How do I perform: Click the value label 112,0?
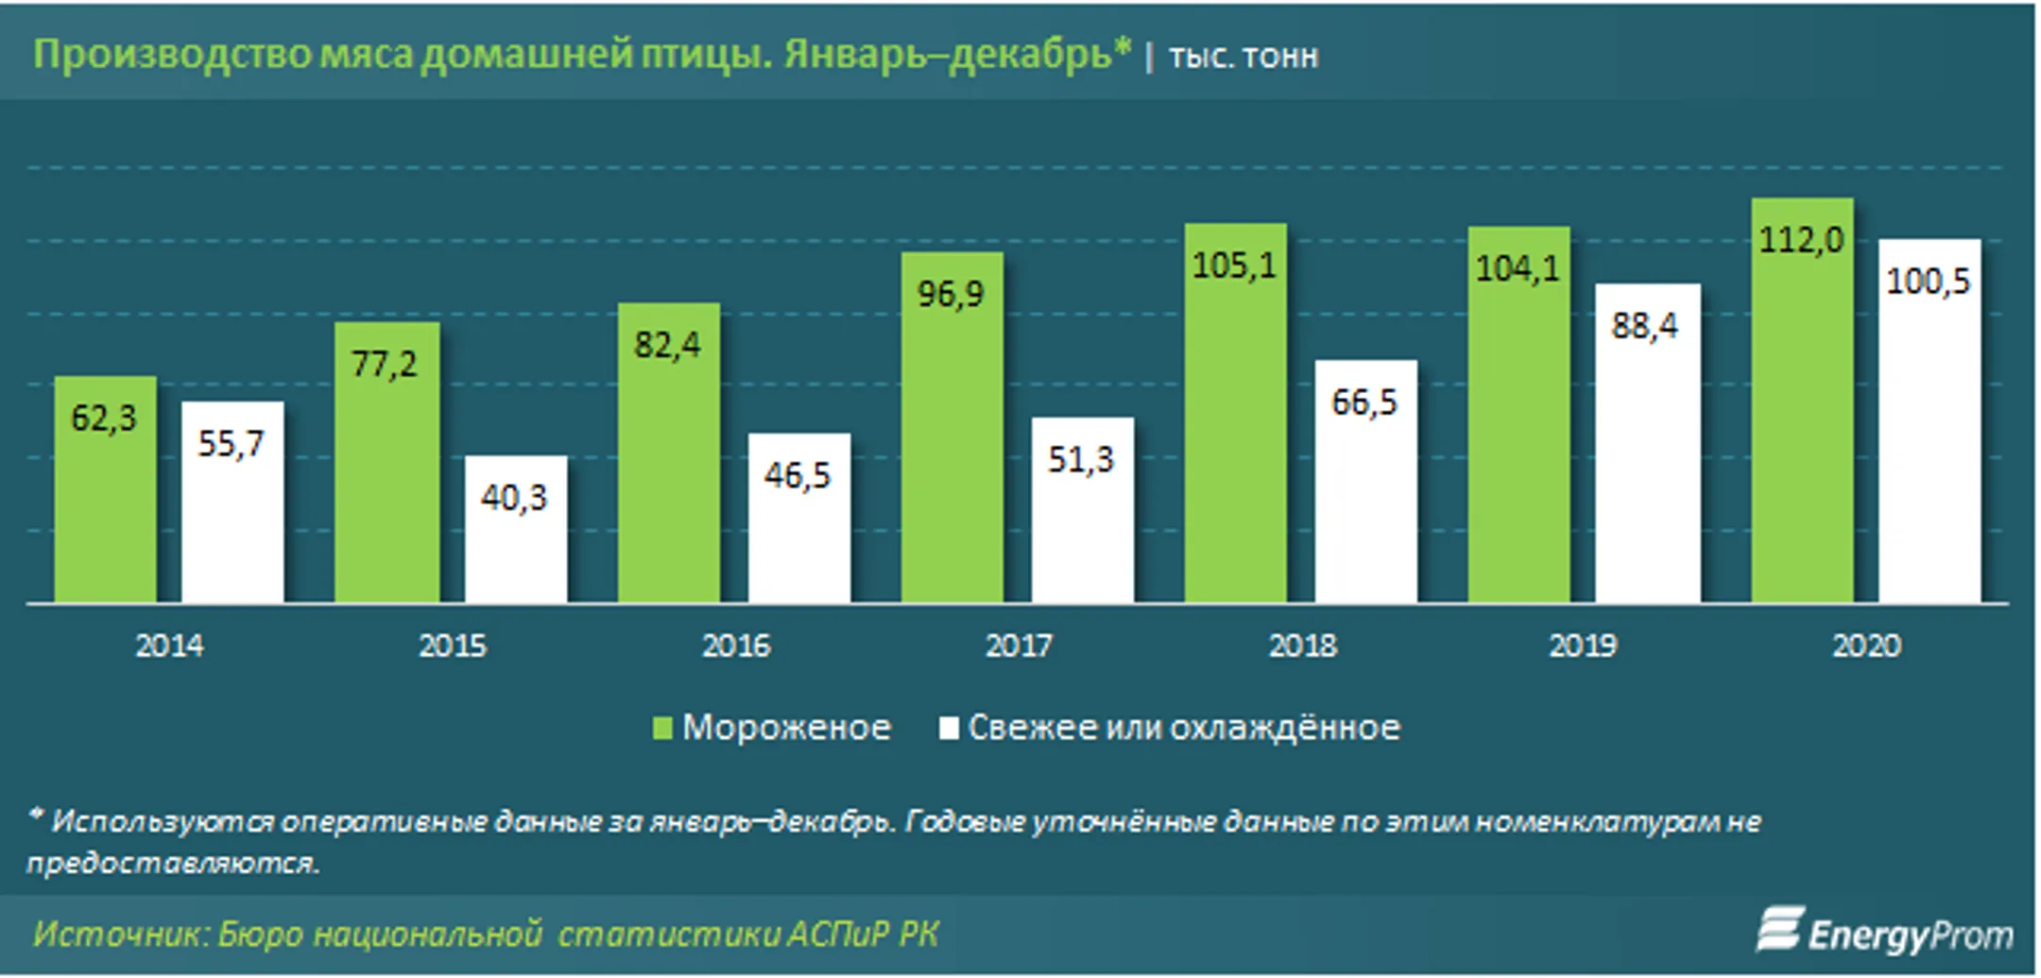coord(1801,240)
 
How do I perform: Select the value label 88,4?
coord(1645,326)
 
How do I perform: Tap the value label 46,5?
coord(798,475)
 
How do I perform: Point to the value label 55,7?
coord(232,443)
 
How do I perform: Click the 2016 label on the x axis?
coord(736,646)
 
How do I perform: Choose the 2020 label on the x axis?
coord(1866,646)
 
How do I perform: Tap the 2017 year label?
coord(1019,646)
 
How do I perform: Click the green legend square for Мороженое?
coord(662,728)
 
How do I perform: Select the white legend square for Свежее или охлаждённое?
coord(949,728)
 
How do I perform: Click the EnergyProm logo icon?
coord(1779,930)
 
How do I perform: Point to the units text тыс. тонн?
coord(1243,57)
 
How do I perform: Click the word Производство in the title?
coord(171,54)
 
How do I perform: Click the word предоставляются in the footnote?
coord(173,864)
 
